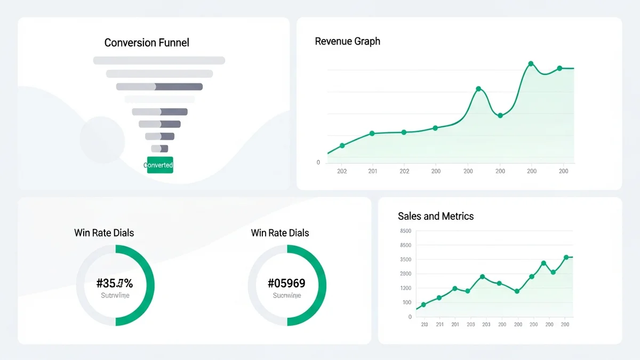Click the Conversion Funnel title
[147, 43]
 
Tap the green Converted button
[159, 165]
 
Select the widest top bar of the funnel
[159, 60]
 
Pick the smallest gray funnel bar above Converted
[159, 149]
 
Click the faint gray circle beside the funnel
[102, 140]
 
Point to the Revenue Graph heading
[348, 41]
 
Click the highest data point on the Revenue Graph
[531, 64]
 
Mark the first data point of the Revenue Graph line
[342, 146]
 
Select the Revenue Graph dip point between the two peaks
[500, 115]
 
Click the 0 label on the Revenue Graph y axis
[318, 163]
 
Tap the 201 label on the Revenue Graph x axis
[373, 171]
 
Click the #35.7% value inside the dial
[115, 283]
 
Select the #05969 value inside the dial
[286, 283]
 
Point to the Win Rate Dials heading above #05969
[280, 233]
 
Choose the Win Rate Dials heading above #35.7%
[104, 233]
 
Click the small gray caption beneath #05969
[287, 295]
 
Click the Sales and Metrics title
[436, 216]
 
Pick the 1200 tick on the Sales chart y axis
[405, 288]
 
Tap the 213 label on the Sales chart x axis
[424, 324]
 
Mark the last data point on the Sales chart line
[566, 258]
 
